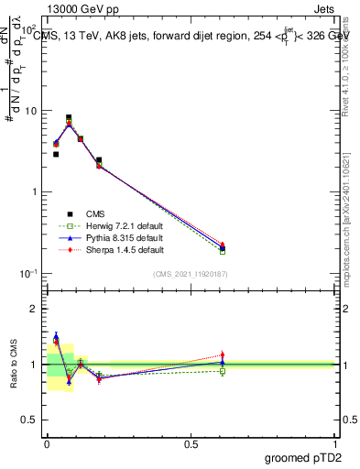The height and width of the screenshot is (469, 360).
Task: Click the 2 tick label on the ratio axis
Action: point(35,309)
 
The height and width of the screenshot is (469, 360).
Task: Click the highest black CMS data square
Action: point(69,117)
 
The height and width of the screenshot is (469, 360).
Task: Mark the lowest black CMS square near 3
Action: point(56,154)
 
